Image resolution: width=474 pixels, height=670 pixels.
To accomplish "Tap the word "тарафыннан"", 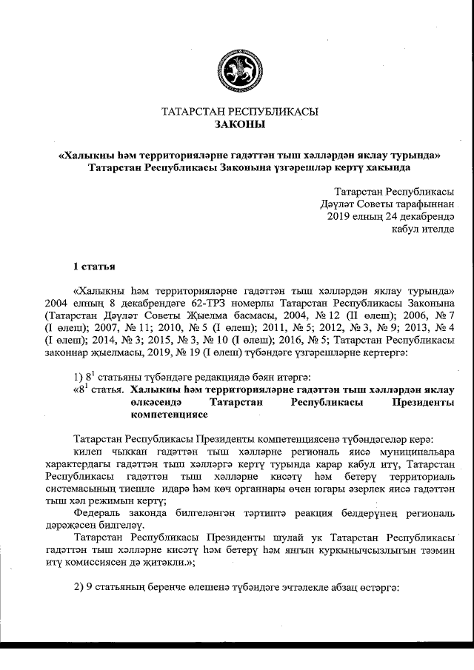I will click(421, 204).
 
